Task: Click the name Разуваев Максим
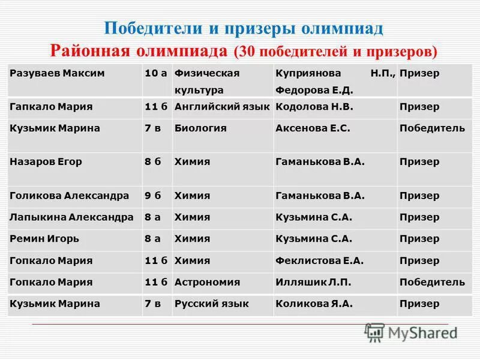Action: [57, 73]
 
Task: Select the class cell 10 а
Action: [155, 73]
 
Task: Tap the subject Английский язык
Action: [221, 107]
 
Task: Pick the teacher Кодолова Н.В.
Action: [314, 107]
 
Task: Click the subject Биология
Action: [200, 128]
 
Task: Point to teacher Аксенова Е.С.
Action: [313, 128]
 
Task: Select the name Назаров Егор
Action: [46, 161]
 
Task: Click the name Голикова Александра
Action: [69, 196]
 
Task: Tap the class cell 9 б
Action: [153, 196]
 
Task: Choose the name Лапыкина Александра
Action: [71, 217]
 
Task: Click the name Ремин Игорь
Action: [44, 239]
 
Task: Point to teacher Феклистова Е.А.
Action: [320, 260]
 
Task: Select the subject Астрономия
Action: [207, 282]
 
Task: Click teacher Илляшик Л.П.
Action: [313, 282]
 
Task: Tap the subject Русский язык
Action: [211, 304]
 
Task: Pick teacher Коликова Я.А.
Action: [314, 304]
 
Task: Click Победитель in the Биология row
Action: [432, 128]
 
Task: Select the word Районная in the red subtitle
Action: [89, 50]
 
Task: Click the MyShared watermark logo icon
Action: [374, 332]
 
